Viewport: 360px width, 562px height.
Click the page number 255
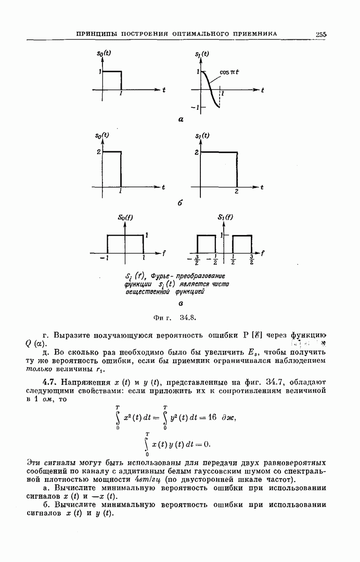coord(321,34)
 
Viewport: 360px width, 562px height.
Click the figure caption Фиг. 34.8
coord(174,317)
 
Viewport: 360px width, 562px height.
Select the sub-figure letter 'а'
coord(181,119)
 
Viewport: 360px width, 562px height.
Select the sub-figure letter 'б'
coord(180,204)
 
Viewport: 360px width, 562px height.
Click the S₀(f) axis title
coord(125,217)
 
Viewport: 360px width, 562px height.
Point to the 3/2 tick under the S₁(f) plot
coord(251,259)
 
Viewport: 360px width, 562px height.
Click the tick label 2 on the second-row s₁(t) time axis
coord(237,192)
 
